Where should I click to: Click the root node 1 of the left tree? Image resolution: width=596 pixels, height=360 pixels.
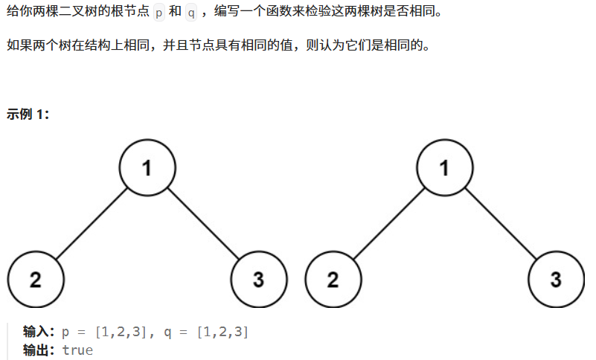[147, 167]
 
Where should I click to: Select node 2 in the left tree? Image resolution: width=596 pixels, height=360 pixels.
[35, 280]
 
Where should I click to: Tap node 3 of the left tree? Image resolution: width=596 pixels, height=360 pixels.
[258, 280]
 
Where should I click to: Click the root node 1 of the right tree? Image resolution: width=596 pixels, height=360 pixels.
[444, 167]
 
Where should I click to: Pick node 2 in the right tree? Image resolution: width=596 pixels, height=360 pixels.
[333, 280]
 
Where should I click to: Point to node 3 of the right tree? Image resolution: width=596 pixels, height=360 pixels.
[556, 280]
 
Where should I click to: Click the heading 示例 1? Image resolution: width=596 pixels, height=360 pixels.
[28, 115]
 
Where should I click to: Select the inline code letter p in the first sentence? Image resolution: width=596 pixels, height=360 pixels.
[159, 13]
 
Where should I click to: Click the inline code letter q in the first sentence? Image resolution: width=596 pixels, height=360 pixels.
[190, 13]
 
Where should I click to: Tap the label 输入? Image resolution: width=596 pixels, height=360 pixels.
[39, 332]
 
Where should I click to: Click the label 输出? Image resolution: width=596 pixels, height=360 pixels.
[39, 350]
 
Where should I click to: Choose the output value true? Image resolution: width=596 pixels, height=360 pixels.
[77, 350]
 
